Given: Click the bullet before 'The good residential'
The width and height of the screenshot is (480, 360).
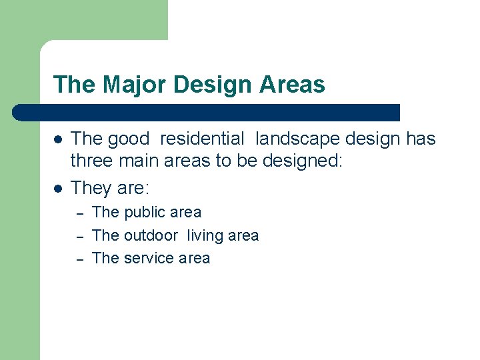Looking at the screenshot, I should coord(59,140).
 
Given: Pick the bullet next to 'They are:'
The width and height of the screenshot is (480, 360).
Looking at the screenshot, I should coord(59,189).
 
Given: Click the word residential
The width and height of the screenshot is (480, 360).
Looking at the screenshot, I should coord(203,139).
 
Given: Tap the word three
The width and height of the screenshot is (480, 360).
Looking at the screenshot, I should coord(93,164).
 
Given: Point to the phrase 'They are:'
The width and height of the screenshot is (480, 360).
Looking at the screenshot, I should coord(108,189).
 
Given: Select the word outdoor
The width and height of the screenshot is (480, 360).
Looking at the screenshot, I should coord(151,235).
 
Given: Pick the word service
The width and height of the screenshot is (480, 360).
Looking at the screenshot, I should coord(149,259).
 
